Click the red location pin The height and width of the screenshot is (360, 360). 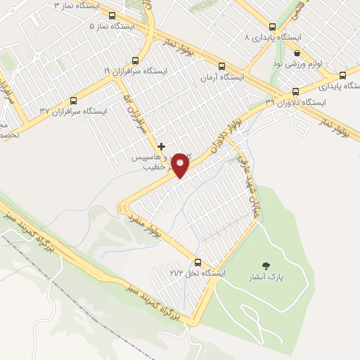click(181, 165)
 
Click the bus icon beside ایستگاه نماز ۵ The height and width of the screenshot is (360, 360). click(112, 15)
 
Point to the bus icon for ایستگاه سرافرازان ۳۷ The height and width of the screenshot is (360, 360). click(73, 101)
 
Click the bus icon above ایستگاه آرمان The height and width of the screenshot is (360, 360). click(222, 67)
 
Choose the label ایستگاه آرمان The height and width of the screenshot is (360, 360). click(221, 77)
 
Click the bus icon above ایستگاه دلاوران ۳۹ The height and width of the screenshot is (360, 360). click(295, 91)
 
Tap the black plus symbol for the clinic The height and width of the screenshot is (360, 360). click(161, 146)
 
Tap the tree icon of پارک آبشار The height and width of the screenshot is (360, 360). click(266, 266)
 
